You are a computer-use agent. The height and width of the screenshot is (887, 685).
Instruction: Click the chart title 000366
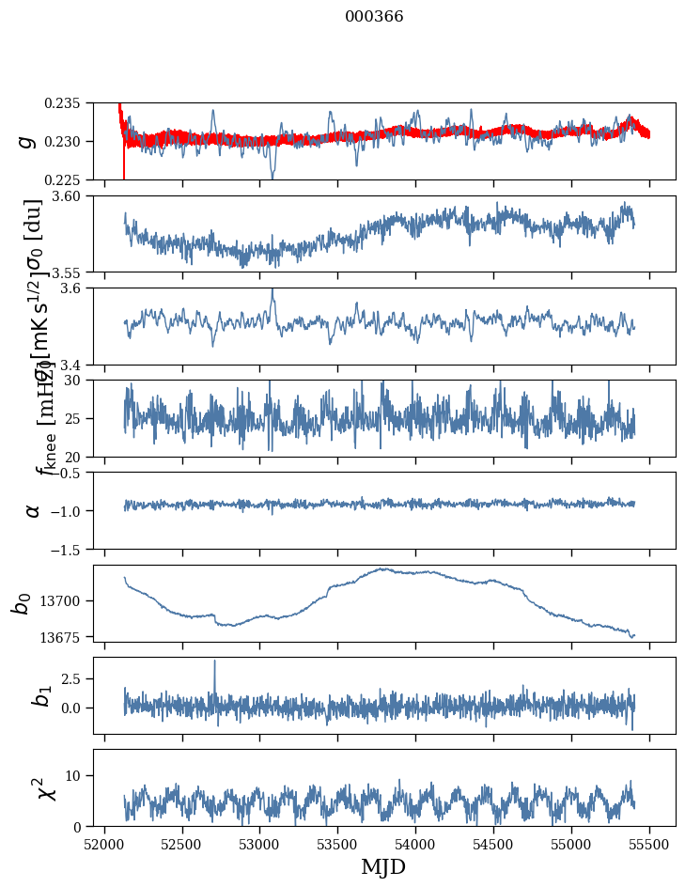pyautogui.click(x=374, y=17)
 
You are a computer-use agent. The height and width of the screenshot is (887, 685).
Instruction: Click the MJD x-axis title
pyautogui.click(x=383, y=866)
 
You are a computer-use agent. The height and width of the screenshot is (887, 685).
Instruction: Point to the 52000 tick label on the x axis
pyautogui.click(x=104, y=844)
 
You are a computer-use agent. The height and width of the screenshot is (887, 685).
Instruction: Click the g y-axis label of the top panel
pyautogui.click(x=26, y=141)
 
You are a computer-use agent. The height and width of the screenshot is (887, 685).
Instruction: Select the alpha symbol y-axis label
pyautogui.click(x=33, y=509)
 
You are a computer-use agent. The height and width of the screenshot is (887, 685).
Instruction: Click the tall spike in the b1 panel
pyautogui.click(x=214, y=663)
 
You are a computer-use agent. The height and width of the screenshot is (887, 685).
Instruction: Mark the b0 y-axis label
pyautogui.click(x=23, y=602)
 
